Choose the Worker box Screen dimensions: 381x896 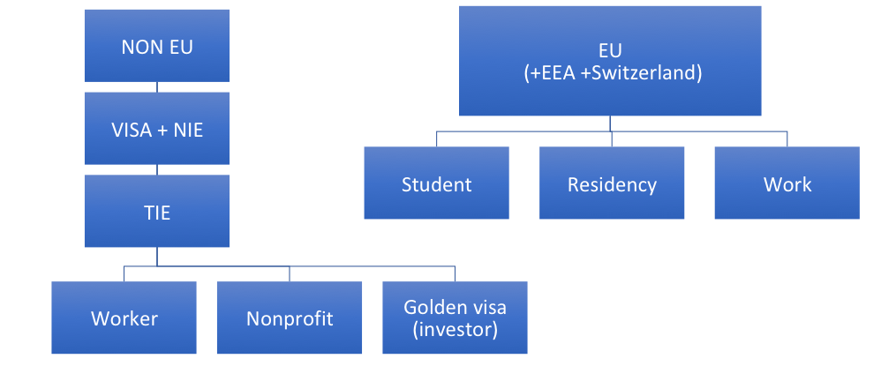tap(124, 318)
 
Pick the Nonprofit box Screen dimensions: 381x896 tap(290, 318)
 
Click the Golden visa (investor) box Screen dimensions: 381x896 tap(455, 318)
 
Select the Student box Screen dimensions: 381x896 tap(436, 183)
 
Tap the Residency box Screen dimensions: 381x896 tap(612, 183)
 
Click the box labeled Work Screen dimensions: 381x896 tap(787, 183)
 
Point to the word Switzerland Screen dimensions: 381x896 tap(649, 74)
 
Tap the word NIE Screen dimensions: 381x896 tap(187, 131)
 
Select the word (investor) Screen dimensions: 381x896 tap(455, 331)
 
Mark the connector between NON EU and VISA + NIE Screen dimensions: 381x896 tap(156, 86)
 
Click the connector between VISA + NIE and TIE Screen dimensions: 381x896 tap(156, 169)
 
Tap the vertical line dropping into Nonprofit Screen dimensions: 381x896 tap(290, 273)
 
